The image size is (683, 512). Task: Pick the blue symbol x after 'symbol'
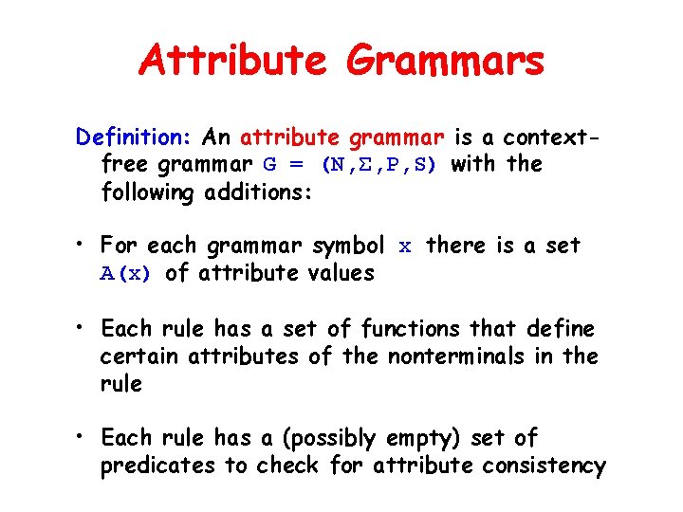(405, 247)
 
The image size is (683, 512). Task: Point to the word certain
(140, 357)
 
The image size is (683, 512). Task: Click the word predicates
(151, 466)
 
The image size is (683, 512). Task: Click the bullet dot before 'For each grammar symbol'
(83, 246)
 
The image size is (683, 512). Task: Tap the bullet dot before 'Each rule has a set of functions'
(83, 328)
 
